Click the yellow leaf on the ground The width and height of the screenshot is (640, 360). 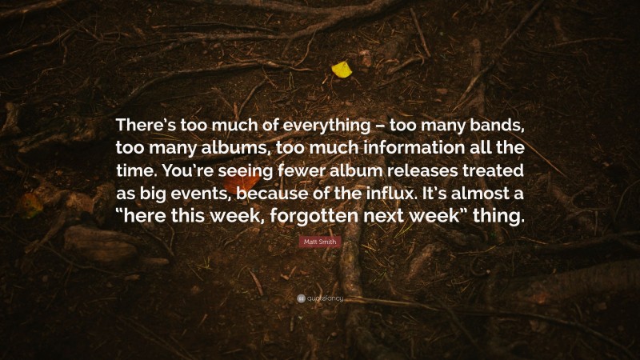(342, 70)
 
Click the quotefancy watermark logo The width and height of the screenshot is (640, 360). (320, 298)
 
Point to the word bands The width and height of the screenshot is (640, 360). (496, 126)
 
